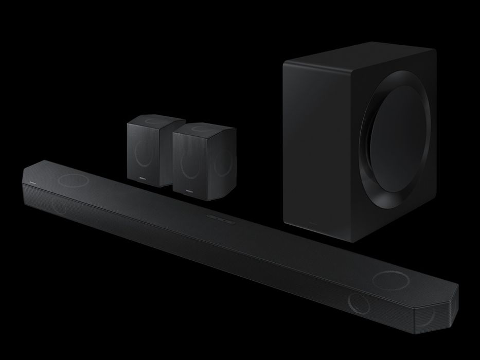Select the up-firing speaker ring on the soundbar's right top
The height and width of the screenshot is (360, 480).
click(x=389, y=280)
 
